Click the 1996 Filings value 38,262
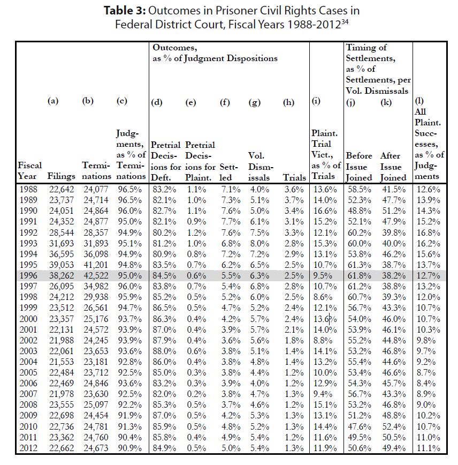62,275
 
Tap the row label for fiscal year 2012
28,448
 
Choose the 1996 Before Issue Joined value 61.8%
359,275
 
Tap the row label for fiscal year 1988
28,189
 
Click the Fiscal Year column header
29,170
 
